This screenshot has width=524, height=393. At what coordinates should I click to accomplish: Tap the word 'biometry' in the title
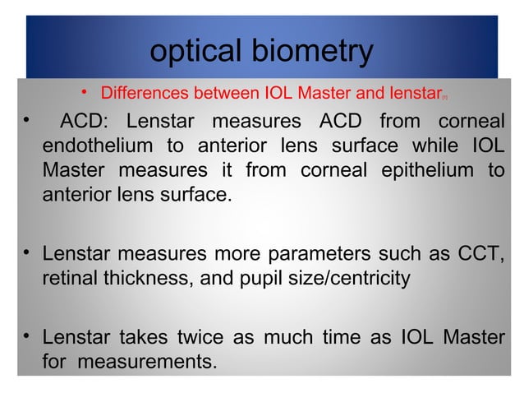(x=318, y=53)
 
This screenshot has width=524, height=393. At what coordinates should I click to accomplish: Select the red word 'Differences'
(x=145, y=93)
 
